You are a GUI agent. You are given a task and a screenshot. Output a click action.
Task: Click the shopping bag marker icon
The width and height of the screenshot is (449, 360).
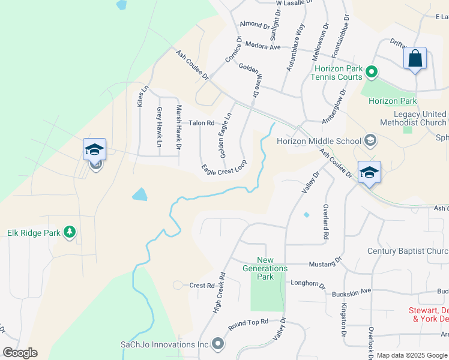point(415,59)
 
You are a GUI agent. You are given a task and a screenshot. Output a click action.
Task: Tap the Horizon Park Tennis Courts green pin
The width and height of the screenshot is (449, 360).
point(372,73)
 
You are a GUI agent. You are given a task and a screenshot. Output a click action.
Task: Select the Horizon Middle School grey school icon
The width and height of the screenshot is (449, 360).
point(370,141)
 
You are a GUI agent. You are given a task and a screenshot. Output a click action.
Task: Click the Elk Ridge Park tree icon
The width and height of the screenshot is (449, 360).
point(70,232)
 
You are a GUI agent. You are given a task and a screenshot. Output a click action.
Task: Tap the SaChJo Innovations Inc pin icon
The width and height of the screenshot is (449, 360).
point(217,344)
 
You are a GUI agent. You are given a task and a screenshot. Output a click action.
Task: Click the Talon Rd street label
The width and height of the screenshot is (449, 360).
point(201,123)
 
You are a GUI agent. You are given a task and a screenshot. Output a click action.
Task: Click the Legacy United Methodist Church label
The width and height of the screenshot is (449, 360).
point(420,118)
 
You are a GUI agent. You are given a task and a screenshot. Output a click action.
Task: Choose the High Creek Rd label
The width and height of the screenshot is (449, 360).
point(219,293)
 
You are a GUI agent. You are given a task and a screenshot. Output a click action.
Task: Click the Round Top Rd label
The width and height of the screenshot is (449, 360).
point(248,324)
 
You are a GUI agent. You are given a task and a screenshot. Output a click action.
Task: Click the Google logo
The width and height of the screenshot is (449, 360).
point(20,353)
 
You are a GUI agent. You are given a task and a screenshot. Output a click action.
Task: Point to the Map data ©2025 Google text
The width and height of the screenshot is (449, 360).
point(411,355)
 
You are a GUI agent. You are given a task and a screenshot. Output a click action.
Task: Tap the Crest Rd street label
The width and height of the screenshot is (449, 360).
point(202,286)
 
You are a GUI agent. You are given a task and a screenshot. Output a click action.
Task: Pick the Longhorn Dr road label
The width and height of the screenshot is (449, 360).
point(307,283)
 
